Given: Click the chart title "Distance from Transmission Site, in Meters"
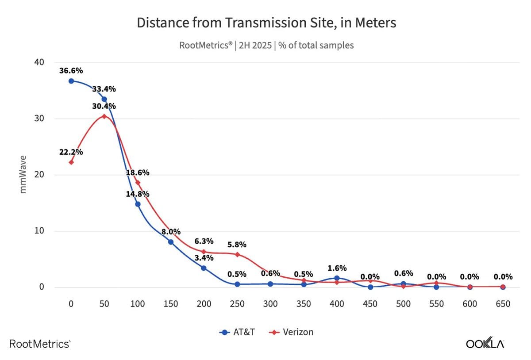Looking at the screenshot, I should [266, 23].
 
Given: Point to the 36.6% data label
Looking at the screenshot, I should [71, 70].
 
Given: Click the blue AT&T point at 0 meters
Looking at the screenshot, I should [71, 81].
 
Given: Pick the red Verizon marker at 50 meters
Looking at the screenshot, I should [104, 116].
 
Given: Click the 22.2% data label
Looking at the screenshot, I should [71, 152].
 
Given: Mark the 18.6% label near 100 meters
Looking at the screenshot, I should [138, 172].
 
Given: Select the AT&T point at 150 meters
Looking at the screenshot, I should [171, 242].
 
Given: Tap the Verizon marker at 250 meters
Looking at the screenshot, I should [237, 254].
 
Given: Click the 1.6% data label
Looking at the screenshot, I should [337, 268].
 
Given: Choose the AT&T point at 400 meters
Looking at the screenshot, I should [337, 278].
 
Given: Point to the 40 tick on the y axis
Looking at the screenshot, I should [39, 62].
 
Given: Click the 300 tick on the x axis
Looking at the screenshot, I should [270, 304].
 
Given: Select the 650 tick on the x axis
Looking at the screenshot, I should [503, 304].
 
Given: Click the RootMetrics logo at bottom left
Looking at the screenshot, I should [39, 344].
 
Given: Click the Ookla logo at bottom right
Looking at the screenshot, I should [485, 344].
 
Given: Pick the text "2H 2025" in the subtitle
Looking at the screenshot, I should [255, 45].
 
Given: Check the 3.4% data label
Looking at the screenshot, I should [204, 257].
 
